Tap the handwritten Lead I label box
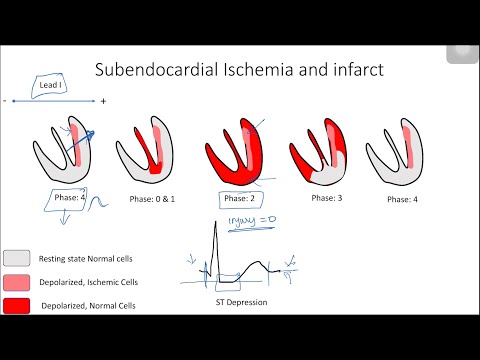click(54, 86)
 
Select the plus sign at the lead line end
click(103, 101)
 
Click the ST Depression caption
click(236, 302)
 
